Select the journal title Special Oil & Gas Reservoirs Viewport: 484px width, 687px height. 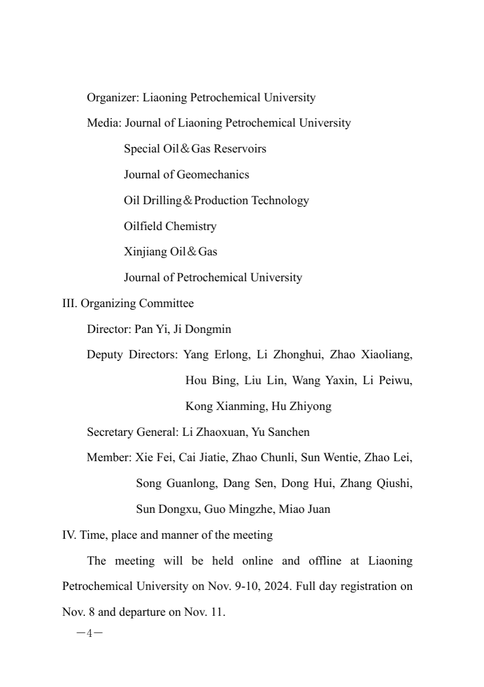point(195,149)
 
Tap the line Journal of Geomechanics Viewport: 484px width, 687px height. point(186,175)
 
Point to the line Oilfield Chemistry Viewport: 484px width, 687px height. point(170,226)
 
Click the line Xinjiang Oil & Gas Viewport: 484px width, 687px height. point(170,252)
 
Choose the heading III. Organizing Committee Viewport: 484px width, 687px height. point(128,303)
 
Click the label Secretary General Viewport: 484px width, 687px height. point(132,432)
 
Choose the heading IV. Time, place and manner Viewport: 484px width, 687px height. point(167,535)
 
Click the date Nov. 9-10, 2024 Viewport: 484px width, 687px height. point(247,586)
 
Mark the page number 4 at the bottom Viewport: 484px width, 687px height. point(89,633)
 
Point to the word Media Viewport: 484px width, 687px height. point(104,123)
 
